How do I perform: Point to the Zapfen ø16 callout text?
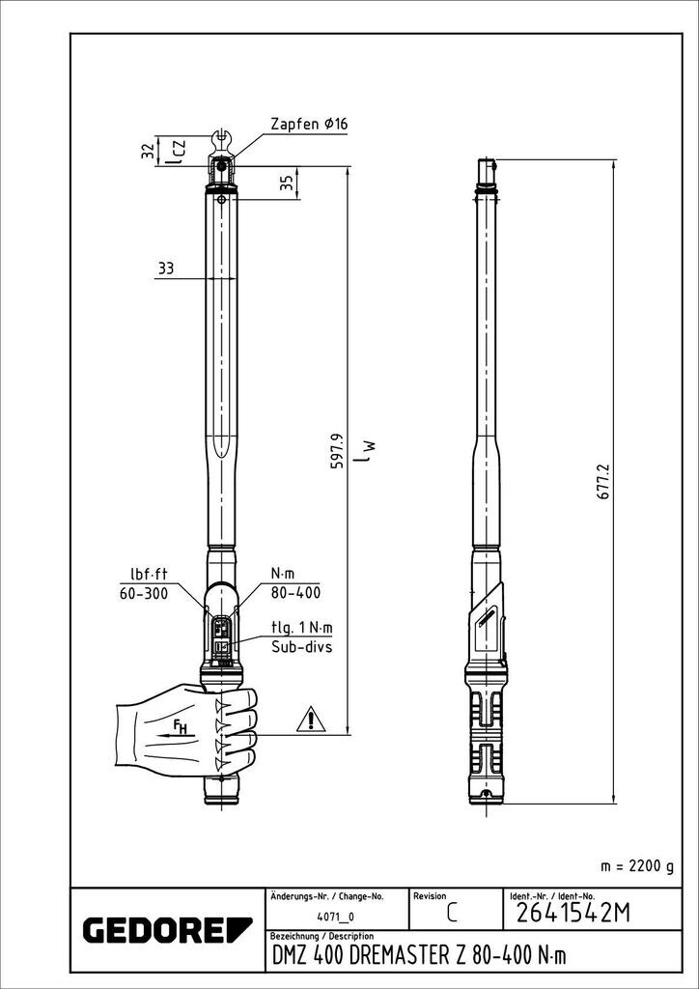pos(310,125)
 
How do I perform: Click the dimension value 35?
pos(286,184)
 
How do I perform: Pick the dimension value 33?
pos(165,269)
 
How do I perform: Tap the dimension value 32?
pos(148,151)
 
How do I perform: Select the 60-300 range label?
pos(143,593)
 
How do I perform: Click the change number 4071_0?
pos(336,916)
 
